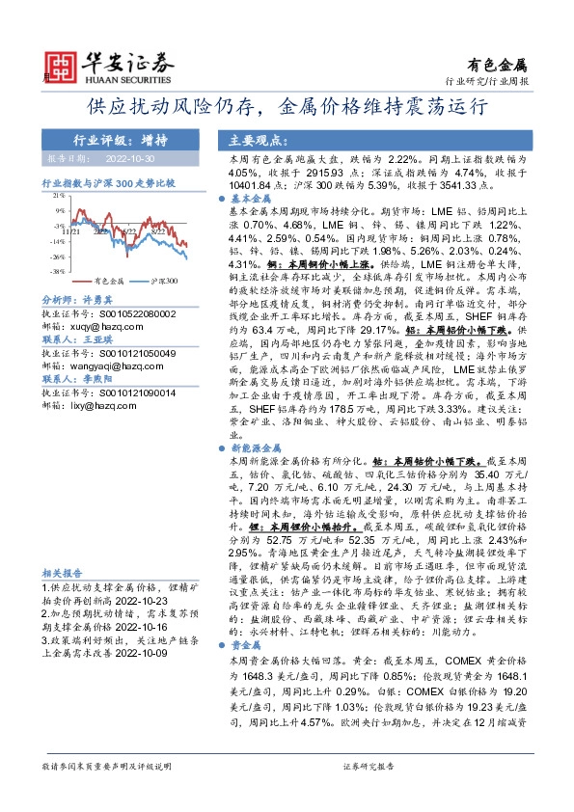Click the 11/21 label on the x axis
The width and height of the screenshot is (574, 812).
69,231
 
